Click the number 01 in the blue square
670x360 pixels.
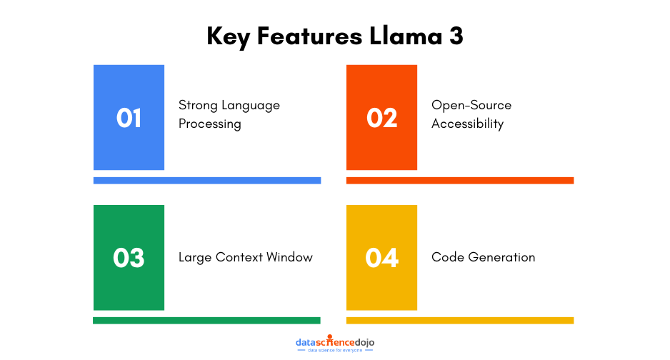[129, 118]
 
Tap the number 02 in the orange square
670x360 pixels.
[381, 118]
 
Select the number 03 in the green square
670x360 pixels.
[129, 258]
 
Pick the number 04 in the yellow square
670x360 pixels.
[381, 258]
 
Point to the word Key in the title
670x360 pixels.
[227, 36]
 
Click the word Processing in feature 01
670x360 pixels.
[210, 124]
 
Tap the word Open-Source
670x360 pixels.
[471, 105]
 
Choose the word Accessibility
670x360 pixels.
[467, 124]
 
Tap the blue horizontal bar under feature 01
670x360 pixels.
[207, 181]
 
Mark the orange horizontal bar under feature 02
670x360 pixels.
[460, 181]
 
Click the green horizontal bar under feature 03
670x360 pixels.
[207, 321]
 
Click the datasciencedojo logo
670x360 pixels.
[335, 344]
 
